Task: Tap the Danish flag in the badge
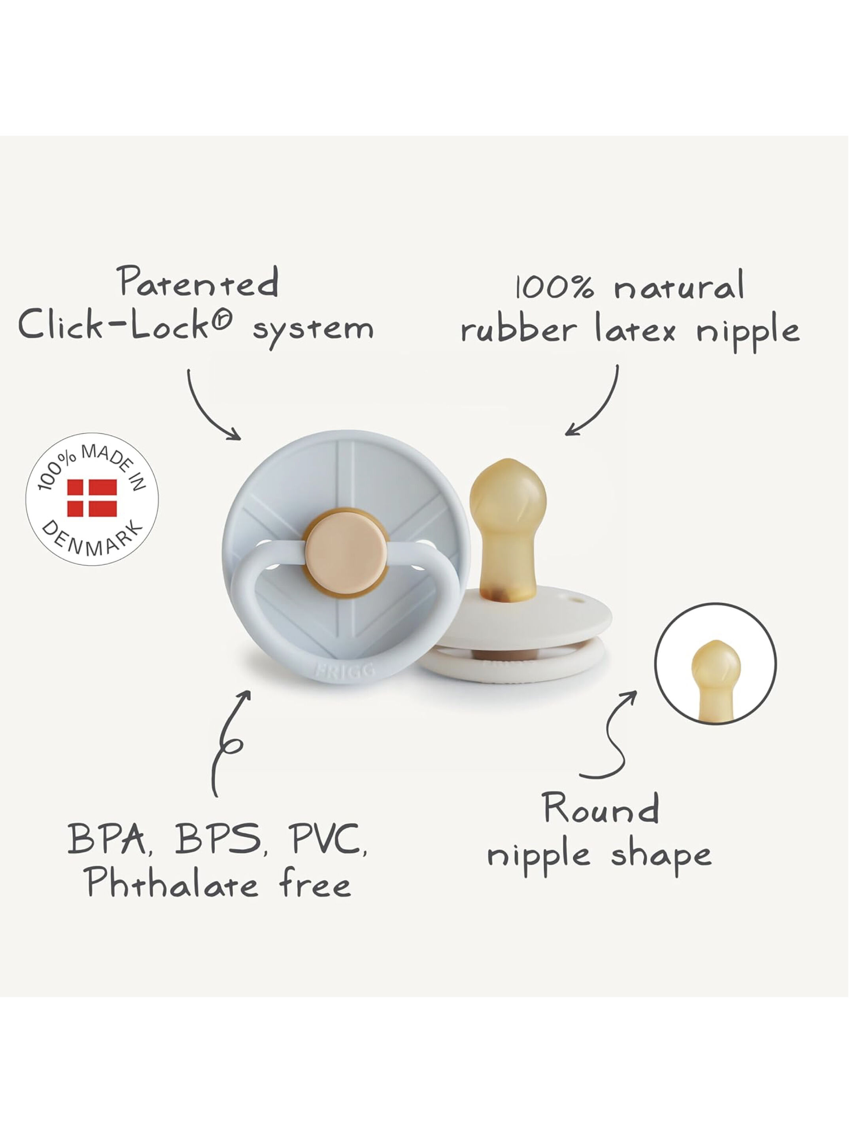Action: pos(92,498)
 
